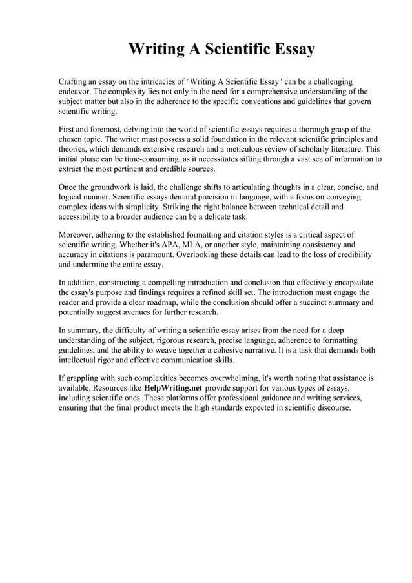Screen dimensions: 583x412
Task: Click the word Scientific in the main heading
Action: point(225,49)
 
